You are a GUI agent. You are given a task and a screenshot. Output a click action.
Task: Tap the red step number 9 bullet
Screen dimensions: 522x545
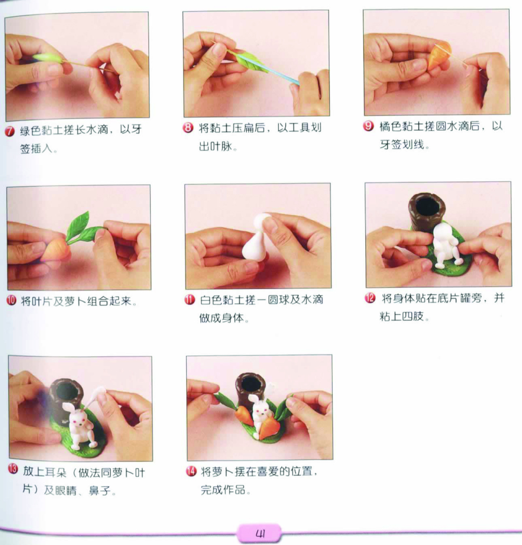click(368, 126)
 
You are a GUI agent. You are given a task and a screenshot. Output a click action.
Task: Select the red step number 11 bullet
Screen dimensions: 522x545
click(189, 300)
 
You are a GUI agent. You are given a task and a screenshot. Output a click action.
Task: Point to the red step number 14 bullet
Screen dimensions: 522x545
click(191, 471)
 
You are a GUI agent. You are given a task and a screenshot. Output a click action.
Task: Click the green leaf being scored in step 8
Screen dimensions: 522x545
click(250, 61)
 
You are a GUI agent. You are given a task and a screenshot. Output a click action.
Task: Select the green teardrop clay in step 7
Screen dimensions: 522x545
click(47, 58)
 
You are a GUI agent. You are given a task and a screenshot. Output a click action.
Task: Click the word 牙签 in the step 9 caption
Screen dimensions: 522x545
click(391, 144)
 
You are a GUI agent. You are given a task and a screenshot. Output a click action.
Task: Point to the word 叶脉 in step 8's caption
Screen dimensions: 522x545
click(221, 146)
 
